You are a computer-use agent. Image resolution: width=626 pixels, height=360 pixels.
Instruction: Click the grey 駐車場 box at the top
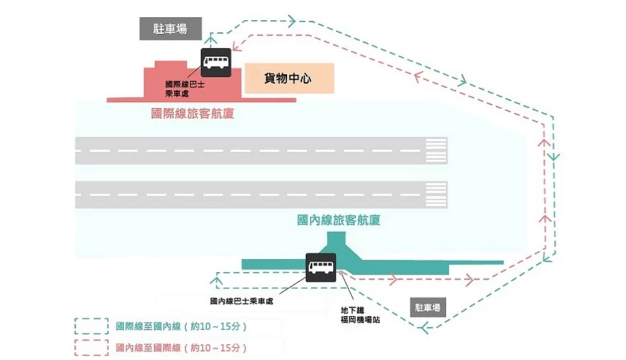point(160,29)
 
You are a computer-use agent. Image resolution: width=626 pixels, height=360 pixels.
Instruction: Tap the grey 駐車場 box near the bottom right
point(427,307)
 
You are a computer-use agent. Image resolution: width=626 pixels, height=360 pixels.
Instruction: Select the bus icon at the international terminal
point(215,62)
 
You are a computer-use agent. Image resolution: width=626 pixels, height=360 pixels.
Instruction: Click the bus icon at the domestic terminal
point(320,267)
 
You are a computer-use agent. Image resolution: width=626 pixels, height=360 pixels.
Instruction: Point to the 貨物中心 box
point(289,78)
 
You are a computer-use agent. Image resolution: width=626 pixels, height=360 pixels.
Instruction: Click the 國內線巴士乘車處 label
point(242,301)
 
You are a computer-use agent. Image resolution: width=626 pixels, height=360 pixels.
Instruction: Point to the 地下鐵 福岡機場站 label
point(360,315)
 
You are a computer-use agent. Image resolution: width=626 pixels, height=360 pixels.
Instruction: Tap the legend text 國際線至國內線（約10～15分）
point(181,326)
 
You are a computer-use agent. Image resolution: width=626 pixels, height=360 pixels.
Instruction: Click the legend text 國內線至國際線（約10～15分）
point(181,348)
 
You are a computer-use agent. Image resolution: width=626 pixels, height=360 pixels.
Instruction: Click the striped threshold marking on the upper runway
point(436,150)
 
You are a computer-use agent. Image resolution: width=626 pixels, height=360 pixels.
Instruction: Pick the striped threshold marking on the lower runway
point(436,194)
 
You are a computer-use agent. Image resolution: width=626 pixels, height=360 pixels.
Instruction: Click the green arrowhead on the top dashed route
point(292,21)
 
